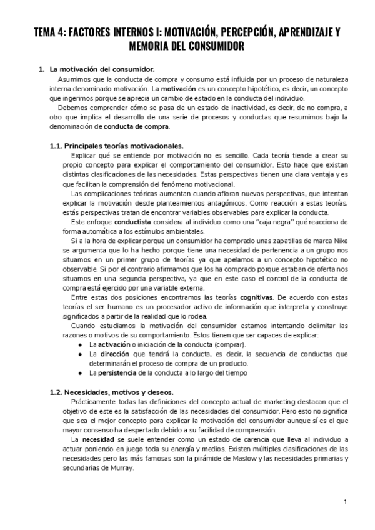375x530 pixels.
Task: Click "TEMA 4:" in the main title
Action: coord(51,32)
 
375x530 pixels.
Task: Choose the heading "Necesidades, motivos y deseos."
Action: coord(119,392)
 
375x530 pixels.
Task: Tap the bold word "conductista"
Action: coord(126,222)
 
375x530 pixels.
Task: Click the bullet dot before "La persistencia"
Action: coord(81,373)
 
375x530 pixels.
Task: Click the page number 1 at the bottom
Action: coord(345,502)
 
